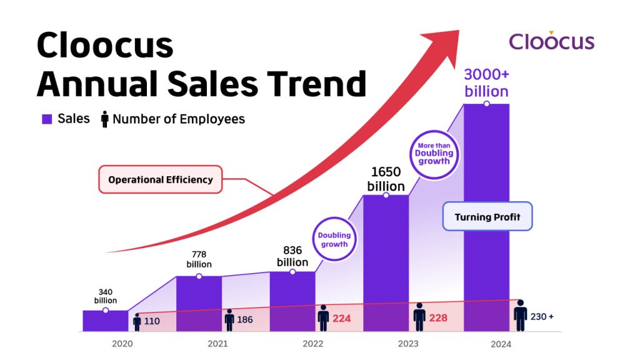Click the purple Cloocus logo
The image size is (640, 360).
coord(551,41)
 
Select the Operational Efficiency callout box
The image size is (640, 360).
coord(161,179)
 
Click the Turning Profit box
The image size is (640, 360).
coord(487,217)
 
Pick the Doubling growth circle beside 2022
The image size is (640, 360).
coord(334,239)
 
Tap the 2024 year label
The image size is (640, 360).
coord(501,344)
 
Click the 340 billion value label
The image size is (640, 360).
coord(106,296)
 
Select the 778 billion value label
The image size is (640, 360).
coord(199,259)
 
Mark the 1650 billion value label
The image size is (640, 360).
coord(386,179)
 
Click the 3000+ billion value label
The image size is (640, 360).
coord(486,83)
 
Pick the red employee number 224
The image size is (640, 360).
coord(341,318)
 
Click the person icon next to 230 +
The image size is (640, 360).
coord(520,316)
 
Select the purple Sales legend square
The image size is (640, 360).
coord(46,119)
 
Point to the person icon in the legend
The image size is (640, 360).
coord(104,119)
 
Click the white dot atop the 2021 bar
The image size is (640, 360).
coord(199,276)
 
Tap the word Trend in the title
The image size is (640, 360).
coord(314,84)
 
